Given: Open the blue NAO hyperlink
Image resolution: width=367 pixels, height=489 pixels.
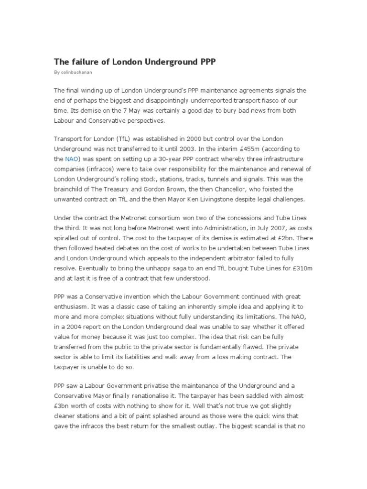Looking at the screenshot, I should coord(72,159).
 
